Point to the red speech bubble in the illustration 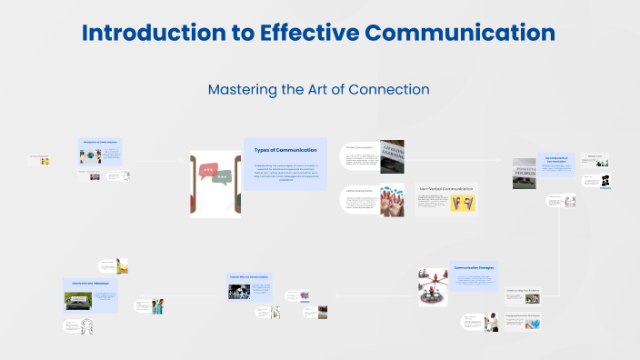click(210, 170)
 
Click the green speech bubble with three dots click(222, 176)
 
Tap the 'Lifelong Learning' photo click(392, 156)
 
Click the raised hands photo click(392, 201)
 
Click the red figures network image click(433, 287)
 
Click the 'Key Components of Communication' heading click(555, 158)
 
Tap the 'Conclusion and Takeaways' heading click(90, 283)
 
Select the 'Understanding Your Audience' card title click(524, 291)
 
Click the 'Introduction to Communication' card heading click(102, 142)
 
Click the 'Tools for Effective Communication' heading click(248, 275)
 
